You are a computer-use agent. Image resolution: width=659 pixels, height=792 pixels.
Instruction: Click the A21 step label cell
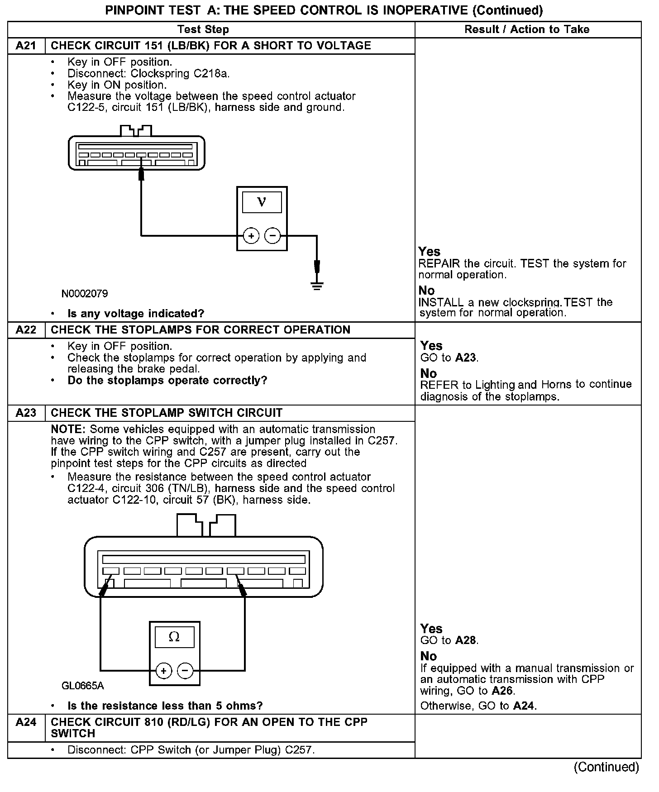pos(26,46)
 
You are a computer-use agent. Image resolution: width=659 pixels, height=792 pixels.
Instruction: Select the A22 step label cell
pos(26,330)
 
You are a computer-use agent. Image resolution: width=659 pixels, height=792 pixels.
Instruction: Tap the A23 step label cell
pos(26,413)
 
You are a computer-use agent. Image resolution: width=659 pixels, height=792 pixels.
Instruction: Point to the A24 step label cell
pos(26,722)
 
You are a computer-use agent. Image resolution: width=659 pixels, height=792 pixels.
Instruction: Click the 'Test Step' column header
pos(203,29)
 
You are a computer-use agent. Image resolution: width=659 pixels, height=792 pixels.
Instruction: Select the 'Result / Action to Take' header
pos(527,29)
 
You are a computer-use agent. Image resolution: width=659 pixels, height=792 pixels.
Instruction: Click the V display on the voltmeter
pos(262,202)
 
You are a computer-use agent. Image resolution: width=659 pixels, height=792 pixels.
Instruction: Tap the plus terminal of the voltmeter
pos(251,236)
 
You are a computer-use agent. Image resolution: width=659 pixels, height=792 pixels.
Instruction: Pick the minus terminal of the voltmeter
pos(272,236)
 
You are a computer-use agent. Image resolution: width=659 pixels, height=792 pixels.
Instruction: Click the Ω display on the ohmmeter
pos(174,637)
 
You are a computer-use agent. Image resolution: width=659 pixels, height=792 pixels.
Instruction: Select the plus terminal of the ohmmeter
pos(164,671)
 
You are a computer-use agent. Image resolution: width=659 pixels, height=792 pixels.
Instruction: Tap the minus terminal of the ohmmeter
pos(185,671)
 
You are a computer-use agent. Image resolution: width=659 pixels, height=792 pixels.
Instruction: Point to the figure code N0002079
pos(85,294)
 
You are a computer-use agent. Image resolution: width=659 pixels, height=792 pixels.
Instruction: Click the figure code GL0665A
pos(82,686)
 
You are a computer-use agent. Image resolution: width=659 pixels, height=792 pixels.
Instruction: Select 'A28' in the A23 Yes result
pos(466,640)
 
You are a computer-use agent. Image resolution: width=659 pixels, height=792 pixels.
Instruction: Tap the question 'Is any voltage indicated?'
pos(136,314)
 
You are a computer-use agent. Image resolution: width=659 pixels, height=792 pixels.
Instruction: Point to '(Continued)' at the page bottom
pos(606,767)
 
